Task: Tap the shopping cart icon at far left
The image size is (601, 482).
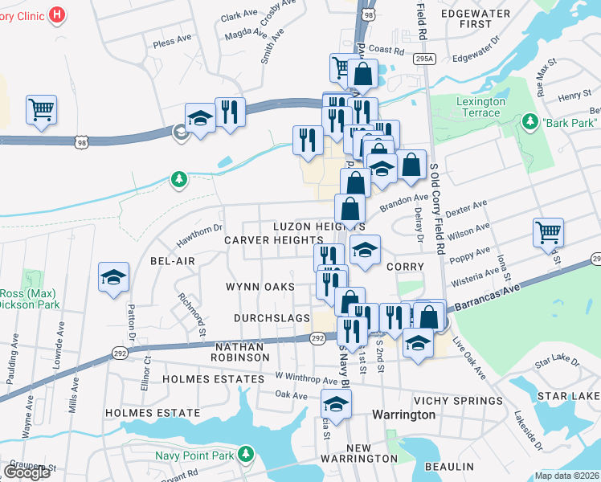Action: click(41, 109)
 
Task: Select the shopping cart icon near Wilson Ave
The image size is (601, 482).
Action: click(548, 232)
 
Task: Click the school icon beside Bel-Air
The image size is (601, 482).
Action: click(113, 277)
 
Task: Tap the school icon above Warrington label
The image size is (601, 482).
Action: click(337, 403)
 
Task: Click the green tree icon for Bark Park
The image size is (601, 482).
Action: click(529, 122)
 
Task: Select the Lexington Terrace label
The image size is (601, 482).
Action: click(480, 107)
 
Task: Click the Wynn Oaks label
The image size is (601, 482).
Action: click(260, 287)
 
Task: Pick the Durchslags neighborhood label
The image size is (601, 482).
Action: click(272, 318)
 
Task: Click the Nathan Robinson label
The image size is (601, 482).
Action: click(240, 350)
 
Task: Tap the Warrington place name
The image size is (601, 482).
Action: click(403, 415)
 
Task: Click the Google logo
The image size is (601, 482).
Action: click(27, 472)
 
